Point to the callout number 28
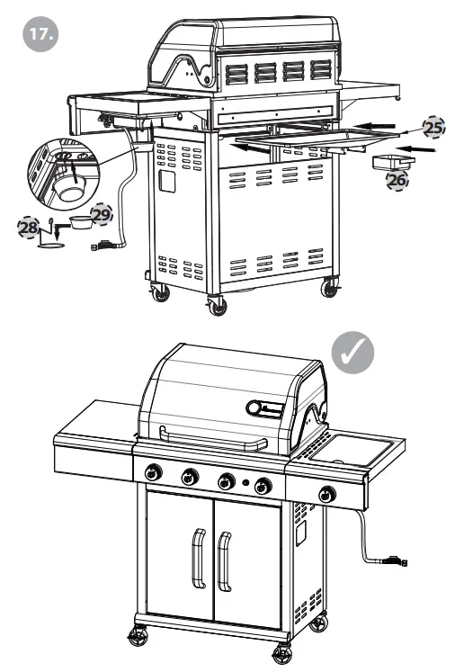[x=28, y=226]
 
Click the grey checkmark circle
[x=352, y=354]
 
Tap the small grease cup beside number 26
[x=393, y=163]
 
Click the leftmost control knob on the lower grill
[x=155, y=472]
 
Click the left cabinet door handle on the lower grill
[x=195, y=559]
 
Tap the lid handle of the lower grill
[x=214, y=439]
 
